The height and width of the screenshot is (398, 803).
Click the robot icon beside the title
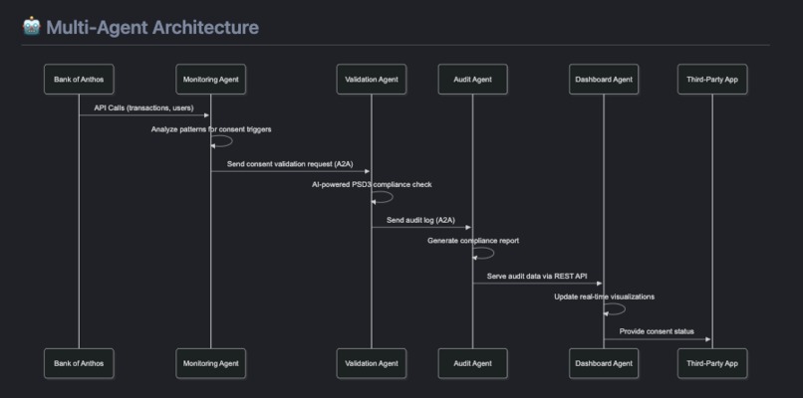(x=31, y=26)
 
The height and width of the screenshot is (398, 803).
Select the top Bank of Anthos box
(x=79, y=79)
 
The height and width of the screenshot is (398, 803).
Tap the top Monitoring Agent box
(x=210, y=79)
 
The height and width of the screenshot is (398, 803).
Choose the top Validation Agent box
(x=371, y=79)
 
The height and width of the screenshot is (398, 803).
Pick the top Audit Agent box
(x=472, y=79)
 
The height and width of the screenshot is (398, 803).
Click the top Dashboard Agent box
(x=604, y=79)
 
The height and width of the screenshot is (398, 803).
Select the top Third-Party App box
(x=711, y=79)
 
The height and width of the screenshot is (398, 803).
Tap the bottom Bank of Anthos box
(x=79, y=363)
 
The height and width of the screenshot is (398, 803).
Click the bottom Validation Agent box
(x=371, y=363)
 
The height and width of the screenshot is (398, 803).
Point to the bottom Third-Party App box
(x=711, y=363)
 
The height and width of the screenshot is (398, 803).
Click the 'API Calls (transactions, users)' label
(x=143, y=107)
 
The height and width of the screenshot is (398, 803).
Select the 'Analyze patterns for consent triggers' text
(x=211, y=129)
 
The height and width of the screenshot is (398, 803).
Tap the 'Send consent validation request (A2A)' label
(x=290, y=163)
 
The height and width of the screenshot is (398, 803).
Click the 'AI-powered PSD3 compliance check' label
(x=372, y=185)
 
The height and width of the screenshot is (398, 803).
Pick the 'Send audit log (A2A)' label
(x=420, y=220)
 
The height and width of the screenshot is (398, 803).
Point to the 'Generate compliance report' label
(x=473, y=241)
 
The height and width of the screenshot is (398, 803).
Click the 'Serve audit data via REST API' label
(x=537, y=276)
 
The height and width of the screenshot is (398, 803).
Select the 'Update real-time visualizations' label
(x=605, y=297)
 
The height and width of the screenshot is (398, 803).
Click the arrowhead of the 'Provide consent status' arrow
(x=707, y=339)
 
